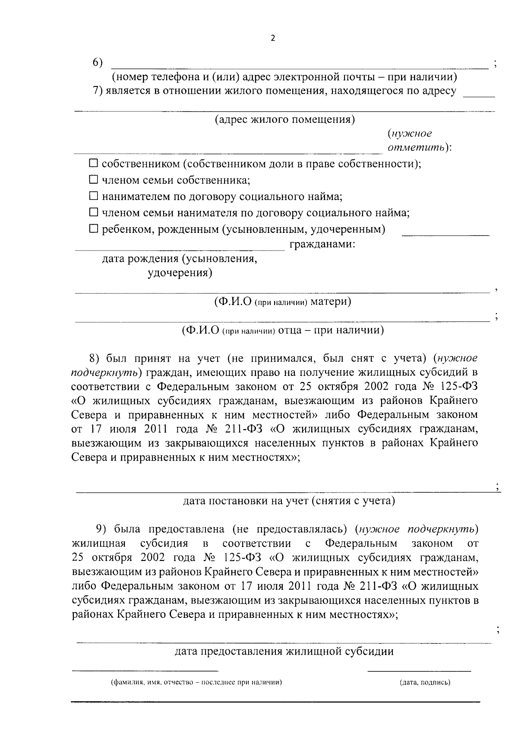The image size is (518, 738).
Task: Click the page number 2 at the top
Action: [272, 38]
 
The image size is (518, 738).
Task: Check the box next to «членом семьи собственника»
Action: [93, 180]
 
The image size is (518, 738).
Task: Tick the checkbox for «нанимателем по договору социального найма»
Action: [93, 196]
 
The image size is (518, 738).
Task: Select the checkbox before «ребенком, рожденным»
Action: [93, 229]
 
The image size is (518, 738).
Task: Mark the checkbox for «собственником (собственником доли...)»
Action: [93, 164]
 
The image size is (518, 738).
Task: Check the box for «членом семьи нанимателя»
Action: [93, 212]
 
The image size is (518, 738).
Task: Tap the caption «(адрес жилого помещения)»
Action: [285, 120]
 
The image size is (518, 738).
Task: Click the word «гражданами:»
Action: [322, 245]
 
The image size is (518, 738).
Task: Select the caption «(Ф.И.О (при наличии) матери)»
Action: [283, 302]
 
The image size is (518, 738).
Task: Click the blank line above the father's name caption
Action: [283, 320]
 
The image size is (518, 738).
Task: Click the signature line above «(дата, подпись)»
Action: [419, 671]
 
